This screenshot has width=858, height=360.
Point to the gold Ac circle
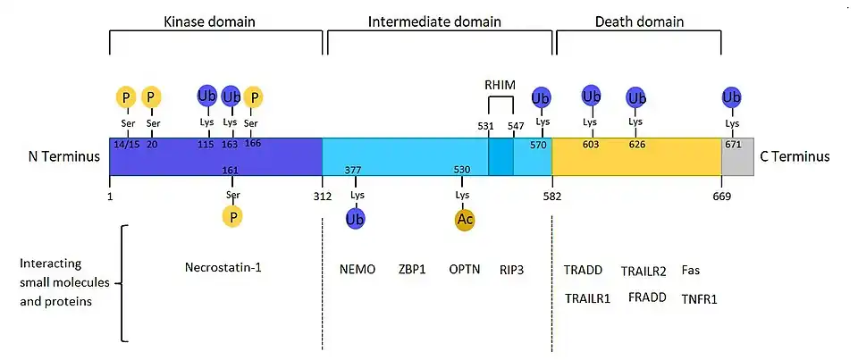464,218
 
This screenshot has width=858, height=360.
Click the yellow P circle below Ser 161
232,215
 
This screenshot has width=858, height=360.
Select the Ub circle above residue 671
732,96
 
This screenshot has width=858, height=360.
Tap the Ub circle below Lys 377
357,218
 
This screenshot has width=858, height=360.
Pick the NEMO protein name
357,269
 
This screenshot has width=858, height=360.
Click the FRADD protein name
647,297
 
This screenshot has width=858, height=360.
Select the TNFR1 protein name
700,298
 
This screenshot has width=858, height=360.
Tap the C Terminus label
795,156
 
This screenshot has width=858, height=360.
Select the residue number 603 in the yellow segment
590,145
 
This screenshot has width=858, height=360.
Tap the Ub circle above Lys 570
541,96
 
